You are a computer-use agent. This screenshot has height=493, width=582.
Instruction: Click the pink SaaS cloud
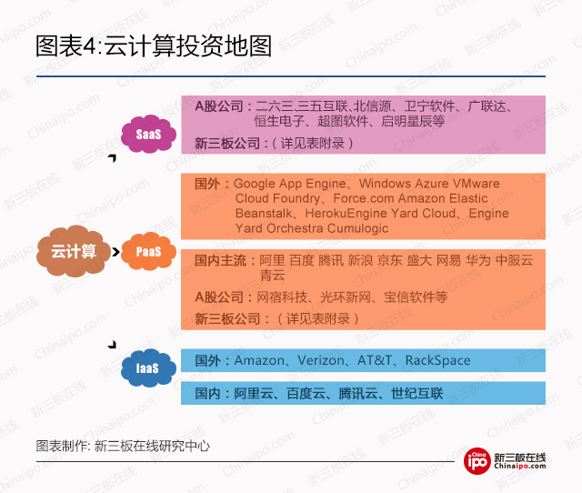click(148, 136)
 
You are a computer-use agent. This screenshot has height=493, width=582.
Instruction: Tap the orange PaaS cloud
click(148, 251)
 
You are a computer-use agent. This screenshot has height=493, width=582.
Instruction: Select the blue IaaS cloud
click(146, 368)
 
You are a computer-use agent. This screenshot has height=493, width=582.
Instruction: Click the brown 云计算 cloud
click(74, 251)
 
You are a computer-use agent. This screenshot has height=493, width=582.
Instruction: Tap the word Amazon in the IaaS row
click(259, 360)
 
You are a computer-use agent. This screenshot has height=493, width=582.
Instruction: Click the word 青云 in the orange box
click(273, 274)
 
